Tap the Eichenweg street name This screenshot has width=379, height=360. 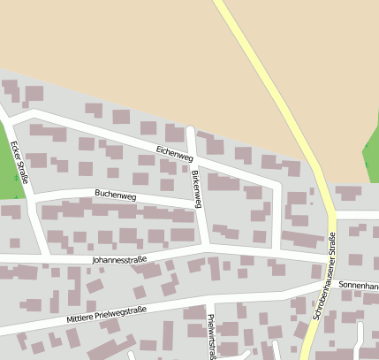[x=174, y=153]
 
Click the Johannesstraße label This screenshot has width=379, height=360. [x=118, y=261]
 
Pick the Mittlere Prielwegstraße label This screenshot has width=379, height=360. [x=105, y=313]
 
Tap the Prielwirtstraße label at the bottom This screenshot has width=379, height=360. [x=211, y=336]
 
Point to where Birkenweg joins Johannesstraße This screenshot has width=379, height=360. [x=206, y=253]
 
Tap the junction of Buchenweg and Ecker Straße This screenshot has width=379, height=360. [x=32, y=198]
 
